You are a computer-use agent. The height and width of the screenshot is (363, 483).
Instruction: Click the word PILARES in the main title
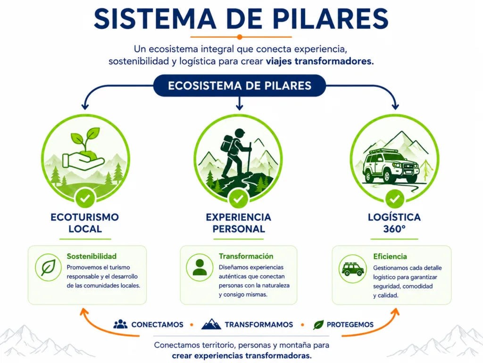point(331,18)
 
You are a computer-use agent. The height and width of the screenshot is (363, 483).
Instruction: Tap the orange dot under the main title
point(240,37)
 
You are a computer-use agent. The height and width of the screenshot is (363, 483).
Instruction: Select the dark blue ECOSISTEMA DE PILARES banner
point(240,86)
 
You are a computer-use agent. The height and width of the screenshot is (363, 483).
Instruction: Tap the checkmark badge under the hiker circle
point(238,199)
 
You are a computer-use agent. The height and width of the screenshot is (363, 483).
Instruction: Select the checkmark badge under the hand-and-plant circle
point(85,199)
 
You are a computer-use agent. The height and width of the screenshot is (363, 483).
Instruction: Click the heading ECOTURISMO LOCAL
point(85,223)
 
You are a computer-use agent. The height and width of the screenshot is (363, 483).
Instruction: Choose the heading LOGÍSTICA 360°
point(394,223)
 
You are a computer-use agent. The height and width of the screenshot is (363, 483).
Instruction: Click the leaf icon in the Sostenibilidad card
point(48,268)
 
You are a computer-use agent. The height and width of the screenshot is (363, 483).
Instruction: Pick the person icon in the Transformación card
point(200,268)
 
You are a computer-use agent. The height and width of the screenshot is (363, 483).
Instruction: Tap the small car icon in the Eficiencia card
point(353,269)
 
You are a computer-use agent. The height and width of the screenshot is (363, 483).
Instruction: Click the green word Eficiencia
point(390,257)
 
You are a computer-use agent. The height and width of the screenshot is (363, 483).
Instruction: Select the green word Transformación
point(246,256)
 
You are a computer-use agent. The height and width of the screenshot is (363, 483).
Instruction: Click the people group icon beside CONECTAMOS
point(120,324)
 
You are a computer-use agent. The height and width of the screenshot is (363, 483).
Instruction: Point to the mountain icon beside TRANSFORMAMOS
point(211,324)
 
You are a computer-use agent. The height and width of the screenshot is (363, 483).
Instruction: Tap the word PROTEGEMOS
point(350,325)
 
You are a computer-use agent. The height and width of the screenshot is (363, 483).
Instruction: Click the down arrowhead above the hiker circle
point(239,107)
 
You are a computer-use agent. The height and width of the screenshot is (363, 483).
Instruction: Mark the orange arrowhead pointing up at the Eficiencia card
point(396,312)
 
